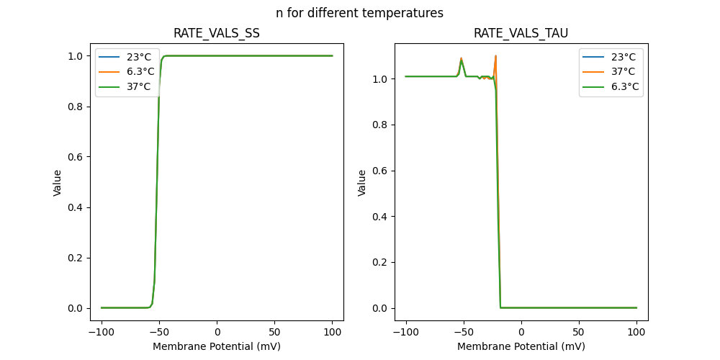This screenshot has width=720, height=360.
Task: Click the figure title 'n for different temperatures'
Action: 359,13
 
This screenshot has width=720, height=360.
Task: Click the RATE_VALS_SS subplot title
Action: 217,33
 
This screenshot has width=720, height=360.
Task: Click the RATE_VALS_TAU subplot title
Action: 521,33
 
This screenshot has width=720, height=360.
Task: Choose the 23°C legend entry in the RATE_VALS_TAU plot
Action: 617,56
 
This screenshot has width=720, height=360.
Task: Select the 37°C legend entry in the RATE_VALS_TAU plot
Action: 617,71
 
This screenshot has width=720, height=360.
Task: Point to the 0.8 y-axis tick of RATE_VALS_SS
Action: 75,107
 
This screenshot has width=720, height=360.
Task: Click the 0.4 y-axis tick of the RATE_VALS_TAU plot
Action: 379,216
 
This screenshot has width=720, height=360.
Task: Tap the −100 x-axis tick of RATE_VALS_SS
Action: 102,332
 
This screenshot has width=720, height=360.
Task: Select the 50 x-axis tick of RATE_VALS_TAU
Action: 579,332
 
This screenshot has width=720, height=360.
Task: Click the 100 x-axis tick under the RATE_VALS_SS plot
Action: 333,332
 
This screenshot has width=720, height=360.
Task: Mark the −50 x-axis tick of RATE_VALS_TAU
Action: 463,332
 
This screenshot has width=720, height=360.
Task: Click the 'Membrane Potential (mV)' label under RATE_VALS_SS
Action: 217,346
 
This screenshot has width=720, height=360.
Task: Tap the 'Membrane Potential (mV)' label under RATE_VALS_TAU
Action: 521,346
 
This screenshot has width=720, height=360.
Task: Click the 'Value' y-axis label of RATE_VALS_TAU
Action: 362,182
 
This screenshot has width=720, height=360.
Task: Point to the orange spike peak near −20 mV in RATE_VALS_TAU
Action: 496,55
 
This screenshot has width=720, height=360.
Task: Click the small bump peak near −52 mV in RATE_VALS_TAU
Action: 461,58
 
